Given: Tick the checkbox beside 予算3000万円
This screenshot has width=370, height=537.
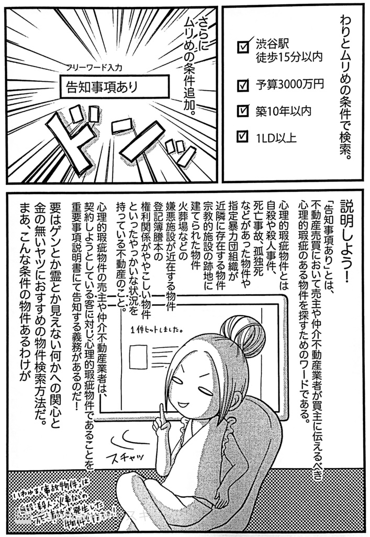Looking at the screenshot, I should click(243, 84).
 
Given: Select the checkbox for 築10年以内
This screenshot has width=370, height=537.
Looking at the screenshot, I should click(243, 111).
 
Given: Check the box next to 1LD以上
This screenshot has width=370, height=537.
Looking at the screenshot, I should click(243, 138).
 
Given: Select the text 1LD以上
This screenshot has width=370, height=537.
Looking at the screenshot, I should click(276, 138).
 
